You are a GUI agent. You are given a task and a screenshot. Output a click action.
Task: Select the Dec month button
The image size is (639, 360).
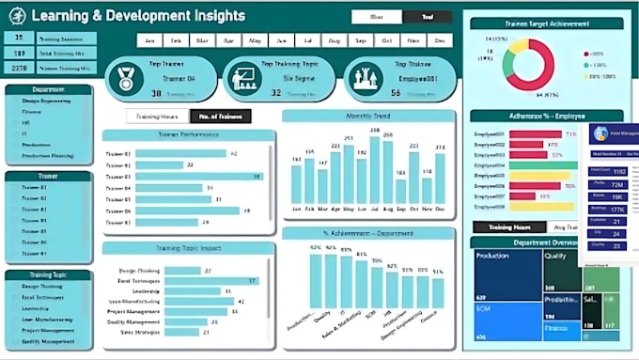(x=438, y=40)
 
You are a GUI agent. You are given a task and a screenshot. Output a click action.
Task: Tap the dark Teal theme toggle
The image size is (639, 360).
(x=428, y=16)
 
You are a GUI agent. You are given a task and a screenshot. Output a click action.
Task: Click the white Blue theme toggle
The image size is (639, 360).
(x=377, y=16)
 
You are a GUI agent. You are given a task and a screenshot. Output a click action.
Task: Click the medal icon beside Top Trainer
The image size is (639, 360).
(x=125, y=78)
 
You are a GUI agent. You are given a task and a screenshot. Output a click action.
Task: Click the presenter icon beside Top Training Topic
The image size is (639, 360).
(x=243, y=78)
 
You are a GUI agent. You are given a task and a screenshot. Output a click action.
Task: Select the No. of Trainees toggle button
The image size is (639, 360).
(x=220, y=116)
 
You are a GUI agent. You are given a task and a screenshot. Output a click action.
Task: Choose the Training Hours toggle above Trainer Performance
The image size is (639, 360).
(x=157, y=116)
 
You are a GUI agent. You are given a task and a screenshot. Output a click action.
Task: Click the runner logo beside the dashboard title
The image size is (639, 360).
(x=17, y=15)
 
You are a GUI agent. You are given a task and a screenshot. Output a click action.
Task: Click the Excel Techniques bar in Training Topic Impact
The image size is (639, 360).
(x=198, y=280)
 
